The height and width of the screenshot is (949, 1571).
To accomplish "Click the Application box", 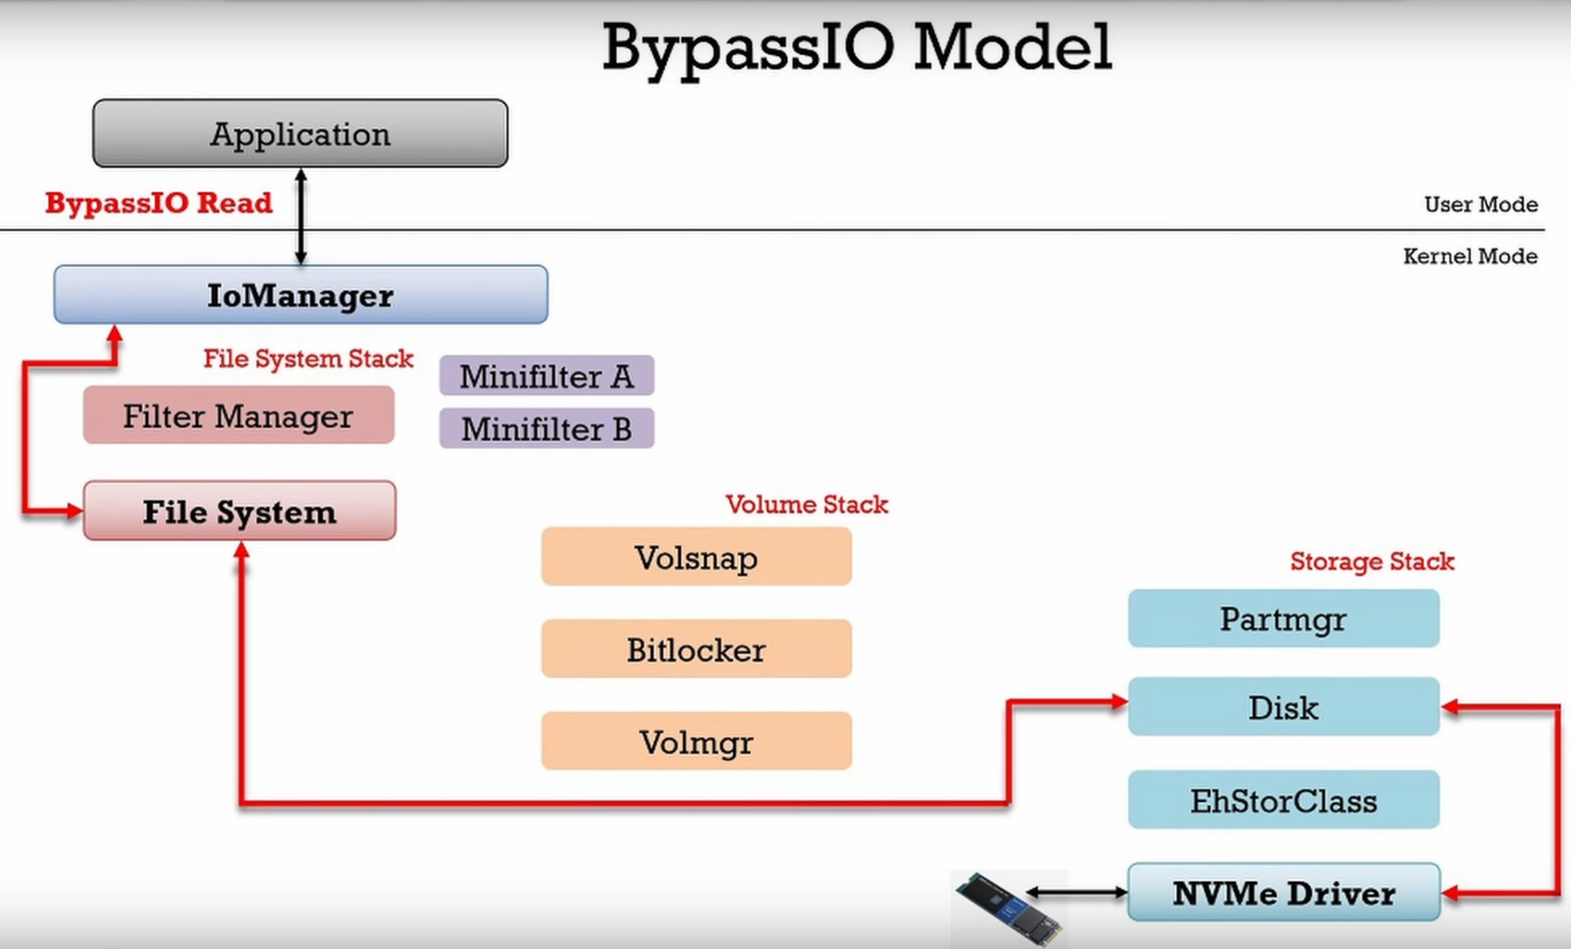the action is click(300, 133).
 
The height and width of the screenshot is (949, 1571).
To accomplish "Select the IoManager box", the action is click(301, 294).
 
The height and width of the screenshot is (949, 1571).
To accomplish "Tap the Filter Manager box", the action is click(238, 415).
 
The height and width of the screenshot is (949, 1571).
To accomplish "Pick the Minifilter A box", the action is click(546, 376).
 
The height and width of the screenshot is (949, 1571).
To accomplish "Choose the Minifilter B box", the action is click(546, 428).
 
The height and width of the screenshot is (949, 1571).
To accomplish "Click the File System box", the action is click(240, 511).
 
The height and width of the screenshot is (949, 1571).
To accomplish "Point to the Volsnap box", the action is click(696, 557).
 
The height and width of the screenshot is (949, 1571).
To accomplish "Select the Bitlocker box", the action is click(696, 648).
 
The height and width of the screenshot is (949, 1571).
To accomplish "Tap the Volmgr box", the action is click(696, 741).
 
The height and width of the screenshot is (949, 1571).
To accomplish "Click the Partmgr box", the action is click(1283, 618).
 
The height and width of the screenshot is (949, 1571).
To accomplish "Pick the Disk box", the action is click(1283, 707).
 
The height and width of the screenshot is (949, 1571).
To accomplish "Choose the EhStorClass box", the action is click(1283, 800).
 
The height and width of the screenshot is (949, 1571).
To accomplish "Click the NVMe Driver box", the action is click(1284, 892).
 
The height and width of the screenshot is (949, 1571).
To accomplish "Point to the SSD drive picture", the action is click(1008, 908).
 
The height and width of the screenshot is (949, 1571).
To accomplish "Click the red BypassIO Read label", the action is click(159, 203).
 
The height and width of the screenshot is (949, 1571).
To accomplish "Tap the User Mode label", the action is click(1480, 204).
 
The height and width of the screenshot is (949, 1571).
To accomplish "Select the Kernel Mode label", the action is click(1470, 256).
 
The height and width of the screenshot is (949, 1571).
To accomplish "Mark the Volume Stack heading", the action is click(806, 505).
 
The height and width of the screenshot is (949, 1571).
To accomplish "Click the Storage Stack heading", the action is click(1372, 561).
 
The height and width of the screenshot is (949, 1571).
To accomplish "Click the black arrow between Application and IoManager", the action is click(301, 216).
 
